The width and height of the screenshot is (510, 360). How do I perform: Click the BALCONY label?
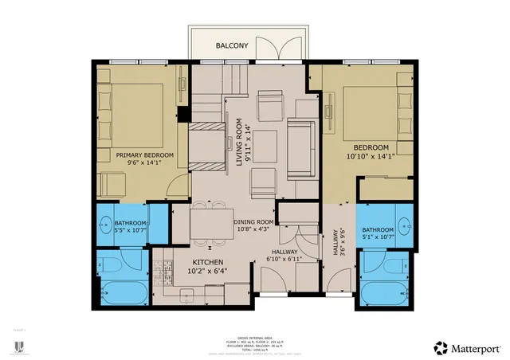tap(232, 46)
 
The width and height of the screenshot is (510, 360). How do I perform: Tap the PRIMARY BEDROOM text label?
tap(140, 155)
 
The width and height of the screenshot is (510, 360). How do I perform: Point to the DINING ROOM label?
tap(253, 222)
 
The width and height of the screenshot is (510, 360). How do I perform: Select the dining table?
tap(211, 222)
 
